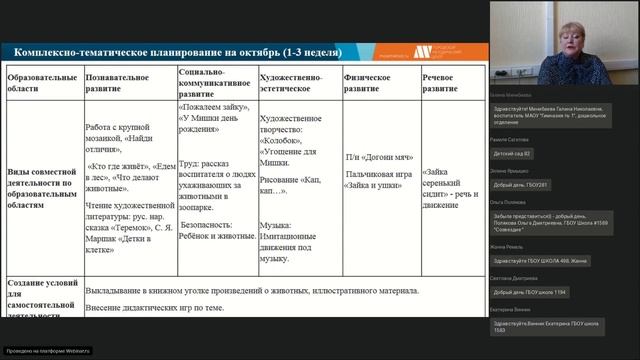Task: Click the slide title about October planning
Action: (175, 52)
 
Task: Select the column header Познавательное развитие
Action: (120, 82)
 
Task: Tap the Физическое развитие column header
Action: (370, 82)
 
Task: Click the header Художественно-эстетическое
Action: (297, 82)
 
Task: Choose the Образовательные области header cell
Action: (41, 82)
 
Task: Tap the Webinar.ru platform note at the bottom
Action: (48, 351)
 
